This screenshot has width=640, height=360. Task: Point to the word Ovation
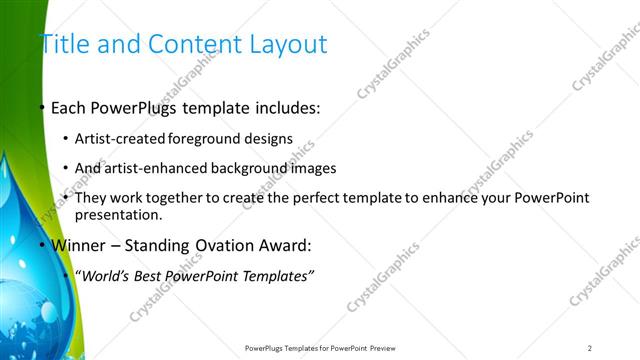pyautogui.click(x=213, y=246)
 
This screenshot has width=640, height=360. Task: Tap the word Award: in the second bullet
pyautogui.click(x=281, y=246)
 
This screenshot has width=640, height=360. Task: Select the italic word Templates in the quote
pyautogui.click(x=277, y=275)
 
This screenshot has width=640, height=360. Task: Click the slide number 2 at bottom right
pyautogui.click(x=590, y=348)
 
